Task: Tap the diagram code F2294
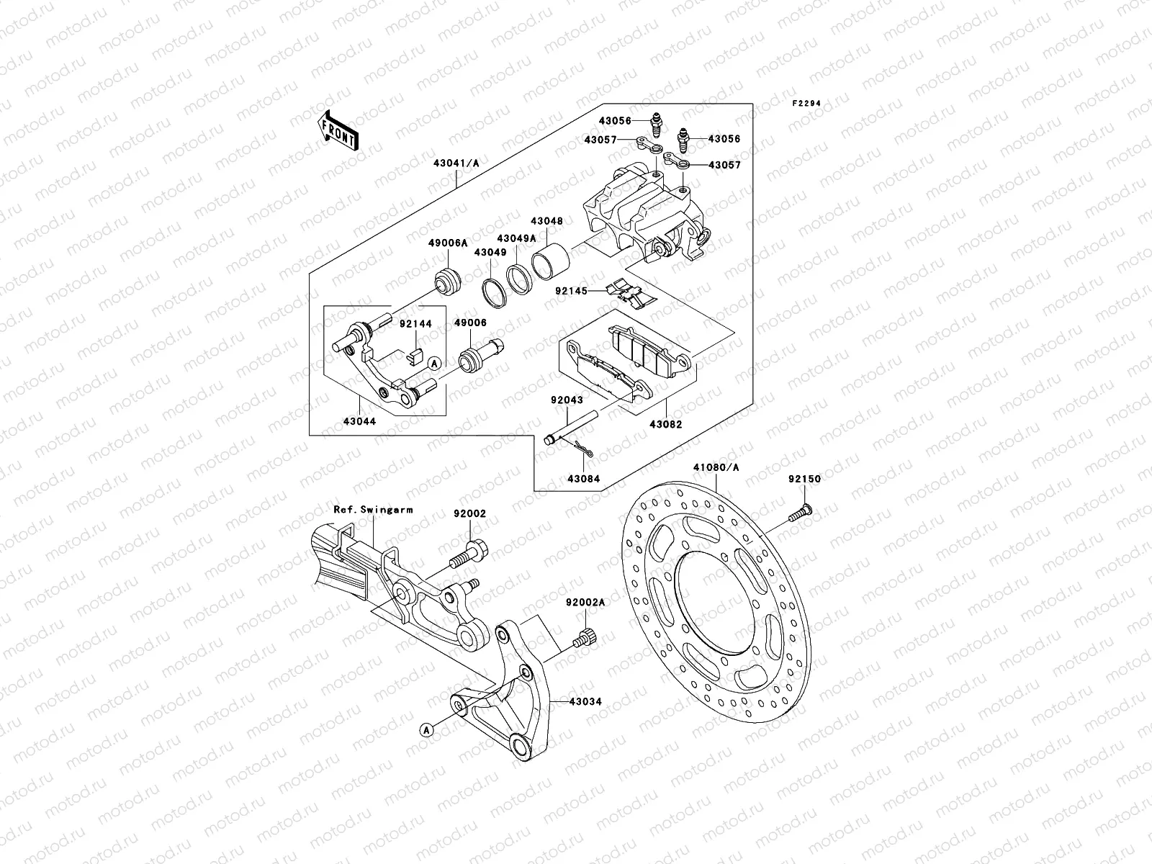(x=806, y=104)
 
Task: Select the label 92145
(x=571, y=292)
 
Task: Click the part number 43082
(x=666, y=425)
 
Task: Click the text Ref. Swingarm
(x=373, y=510)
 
